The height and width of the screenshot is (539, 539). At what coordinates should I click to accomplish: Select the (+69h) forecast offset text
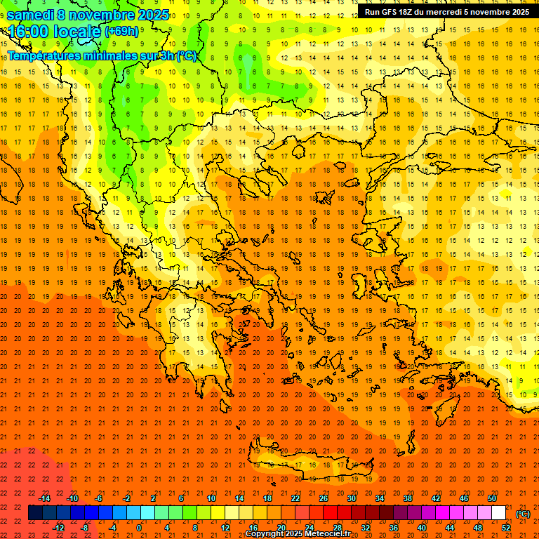pos(121,32)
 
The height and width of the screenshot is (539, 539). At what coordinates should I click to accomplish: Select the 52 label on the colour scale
pos(506,528)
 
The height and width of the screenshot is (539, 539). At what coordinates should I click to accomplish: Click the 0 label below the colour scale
pos(138,528)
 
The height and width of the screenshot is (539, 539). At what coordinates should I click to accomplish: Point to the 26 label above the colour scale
pos(324,498)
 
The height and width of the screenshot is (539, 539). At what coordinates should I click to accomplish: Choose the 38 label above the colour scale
pos(408,498)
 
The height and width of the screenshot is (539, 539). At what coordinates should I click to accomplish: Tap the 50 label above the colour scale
pos(492,498)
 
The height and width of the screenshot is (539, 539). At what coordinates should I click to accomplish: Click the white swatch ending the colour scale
pos(498,513)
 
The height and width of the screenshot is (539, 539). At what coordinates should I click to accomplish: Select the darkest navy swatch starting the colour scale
pos(35,513)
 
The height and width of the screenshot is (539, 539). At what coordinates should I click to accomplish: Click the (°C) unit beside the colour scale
pos(523,514)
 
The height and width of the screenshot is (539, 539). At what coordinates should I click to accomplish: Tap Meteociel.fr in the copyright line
pos(327,534)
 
